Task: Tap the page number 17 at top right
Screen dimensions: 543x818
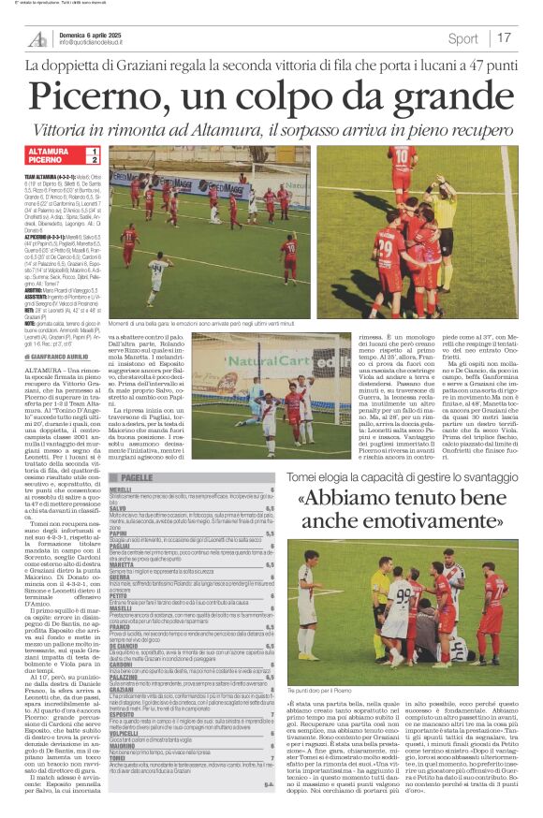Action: [505, 38]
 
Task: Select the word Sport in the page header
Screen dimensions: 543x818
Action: [462, 38]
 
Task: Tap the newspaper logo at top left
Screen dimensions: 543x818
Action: [37, 38]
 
